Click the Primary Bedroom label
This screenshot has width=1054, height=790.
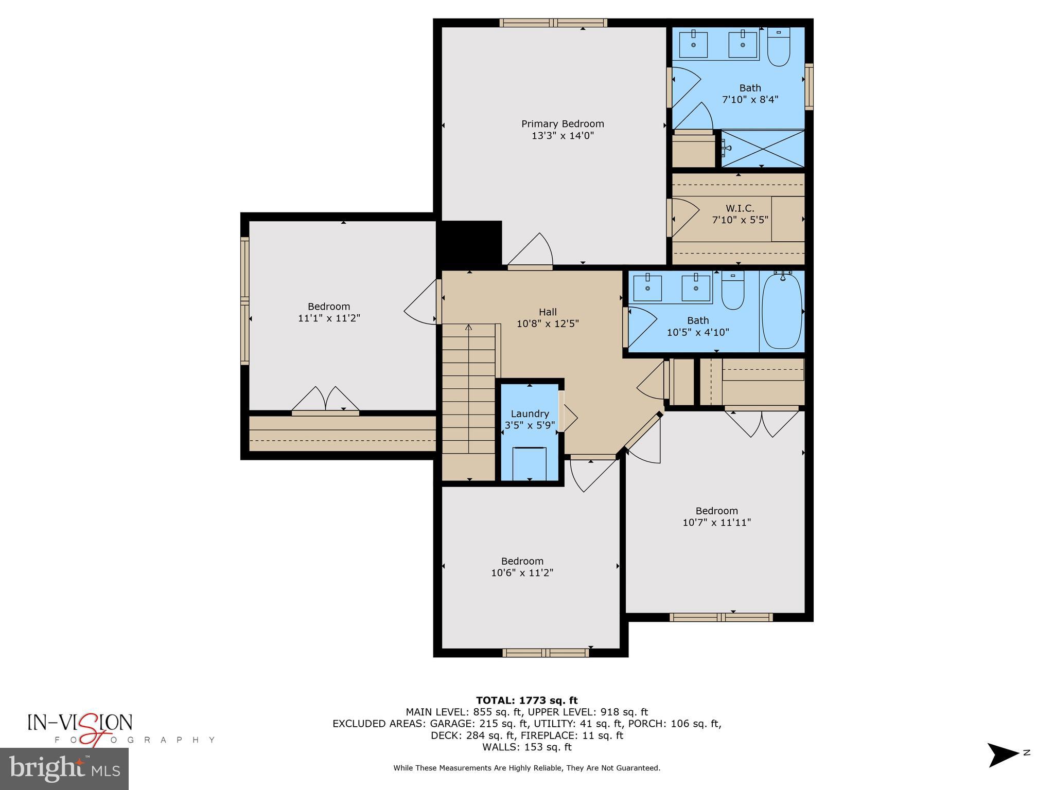[x=563, y=124]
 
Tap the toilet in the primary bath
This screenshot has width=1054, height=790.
[x=778, y=47]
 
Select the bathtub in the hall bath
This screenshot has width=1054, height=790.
[x=781, y=312]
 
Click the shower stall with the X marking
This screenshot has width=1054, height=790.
[x=762, y=149]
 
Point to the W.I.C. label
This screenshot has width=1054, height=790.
[x=740, y=208]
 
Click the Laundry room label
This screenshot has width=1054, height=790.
[x=530, y=414]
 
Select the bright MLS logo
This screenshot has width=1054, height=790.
[x=64, y=769]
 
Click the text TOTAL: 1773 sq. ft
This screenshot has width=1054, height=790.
[x=526, y=700]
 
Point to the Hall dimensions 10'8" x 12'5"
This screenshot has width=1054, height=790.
[x=548, y=324]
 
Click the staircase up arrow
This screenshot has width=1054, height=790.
[x=468, y=328]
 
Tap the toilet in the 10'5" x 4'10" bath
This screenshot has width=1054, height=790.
[x=732, y=291]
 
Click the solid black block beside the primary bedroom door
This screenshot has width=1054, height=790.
[x=469, y=243]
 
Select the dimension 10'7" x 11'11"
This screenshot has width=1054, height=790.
[x=716, y=523]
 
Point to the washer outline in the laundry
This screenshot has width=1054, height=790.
[x=530, y=462]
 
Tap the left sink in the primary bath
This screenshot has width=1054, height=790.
[x=693, y=45]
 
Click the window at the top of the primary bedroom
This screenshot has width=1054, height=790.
[x=553, y=23]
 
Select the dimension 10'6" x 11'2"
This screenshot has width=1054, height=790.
[x=522, y=573]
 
